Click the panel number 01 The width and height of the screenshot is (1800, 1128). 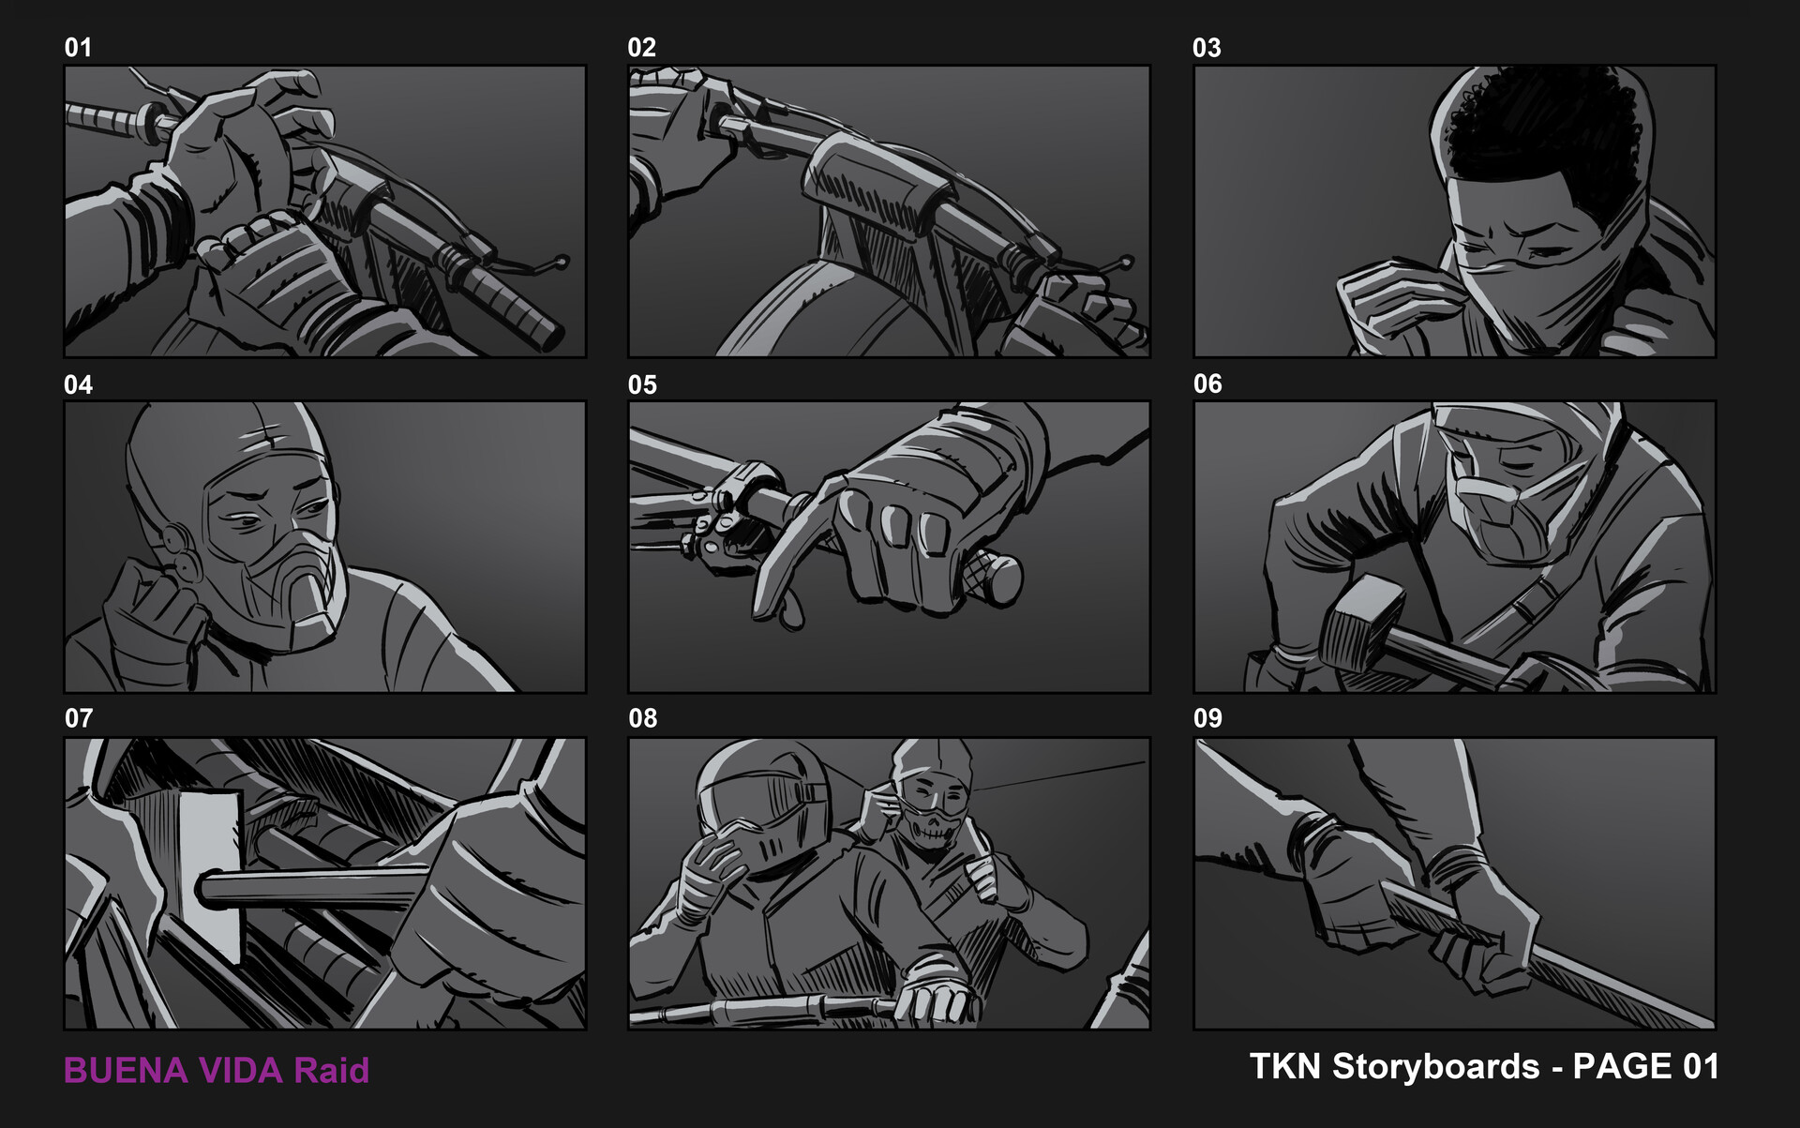[x=78, y=48]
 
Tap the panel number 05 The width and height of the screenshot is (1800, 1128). [x=642, y=384]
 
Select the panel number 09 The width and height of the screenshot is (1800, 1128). [x=1207, y=718]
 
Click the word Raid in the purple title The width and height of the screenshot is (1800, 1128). [x=332, y=1071]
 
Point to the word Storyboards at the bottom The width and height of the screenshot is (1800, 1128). [x=1435, y=1067]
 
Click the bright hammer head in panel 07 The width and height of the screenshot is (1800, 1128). [x=211, y=872]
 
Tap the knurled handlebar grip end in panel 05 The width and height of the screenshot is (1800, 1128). [x=994, y=577]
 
